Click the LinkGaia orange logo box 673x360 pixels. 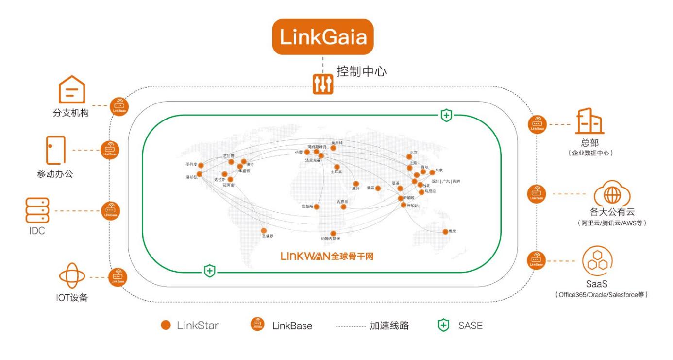coord(323,37)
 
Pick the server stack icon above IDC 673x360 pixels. coord(37,211)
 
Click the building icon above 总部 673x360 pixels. coord(589,121)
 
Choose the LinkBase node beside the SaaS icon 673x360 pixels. coord(536,261)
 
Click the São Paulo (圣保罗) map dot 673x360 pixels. coord(264,231)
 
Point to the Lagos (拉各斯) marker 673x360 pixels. coord(317,207)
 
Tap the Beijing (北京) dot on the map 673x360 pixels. coord(409,157)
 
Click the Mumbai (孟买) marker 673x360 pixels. coord(378,188)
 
